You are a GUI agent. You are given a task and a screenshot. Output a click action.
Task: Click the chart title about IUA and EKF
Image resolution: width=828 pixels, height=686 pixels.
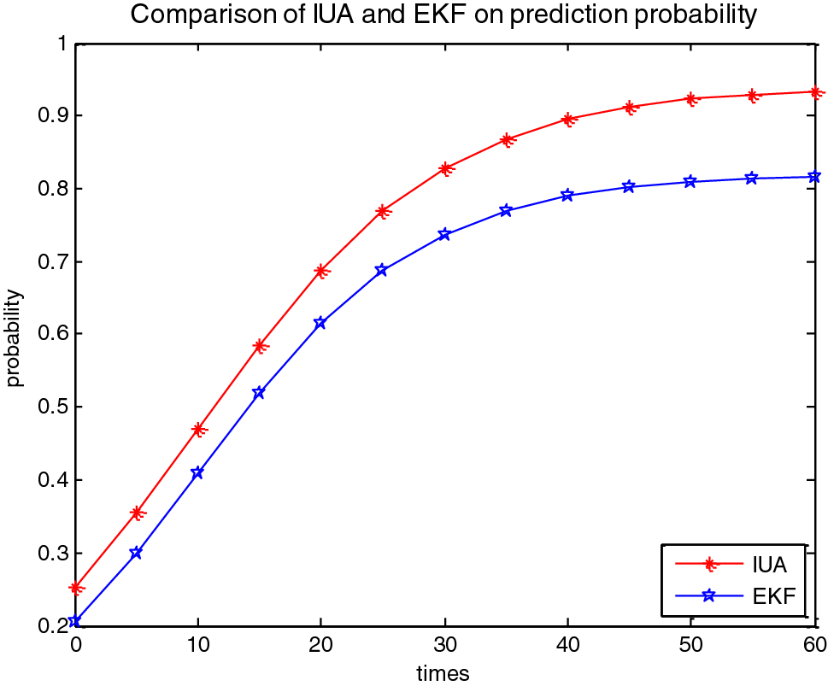[x=444, y=15]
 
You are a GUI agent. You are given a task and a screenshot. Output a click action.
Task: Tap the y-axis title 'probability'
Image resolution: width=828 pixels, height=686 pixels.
[x=15, y=338]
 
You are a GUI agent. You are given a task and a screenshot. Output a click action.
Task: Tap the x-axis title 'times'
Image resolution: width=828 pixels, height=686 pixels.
[x=443, y=673]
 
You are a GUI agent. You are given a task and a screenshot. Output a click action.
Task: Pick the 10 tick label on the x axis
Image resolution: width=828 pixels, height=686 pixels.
[x=197, y=643]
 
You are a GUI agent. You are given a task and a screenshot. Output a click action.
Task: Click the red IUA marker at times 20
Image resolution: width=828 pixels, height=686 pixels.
[x=321, y=271]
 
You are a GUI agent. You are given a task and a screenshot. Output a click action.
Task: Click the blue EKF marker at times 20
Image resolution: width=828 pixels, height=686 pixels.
[x=320, y=323]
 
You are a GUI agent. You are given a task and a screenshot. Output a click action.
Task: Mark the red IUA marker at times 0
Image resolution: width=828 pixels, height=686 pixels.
[x=76, y=588]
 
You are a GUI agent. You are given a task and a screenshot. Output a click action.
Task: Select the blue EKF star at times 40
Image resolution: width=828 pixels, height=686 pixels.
[x=567, y=196]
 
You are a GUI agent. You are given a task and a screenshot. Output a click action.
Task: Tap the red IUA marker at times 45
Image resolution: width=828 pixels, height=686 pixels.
[x=629, y=108]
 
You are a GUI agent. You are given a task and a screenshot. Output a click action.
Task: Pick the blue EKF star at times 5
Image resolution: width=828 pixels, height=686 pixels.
[x=136, y=553]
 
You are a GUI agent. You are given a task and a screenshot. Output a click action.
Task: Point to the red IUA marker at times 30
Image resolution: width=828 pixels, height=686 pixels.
[x=444, y=169]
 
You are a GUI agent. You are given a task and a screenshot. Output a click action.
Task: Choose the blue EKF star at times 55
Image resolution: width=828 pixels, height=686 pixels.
[x=752, y=178]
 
